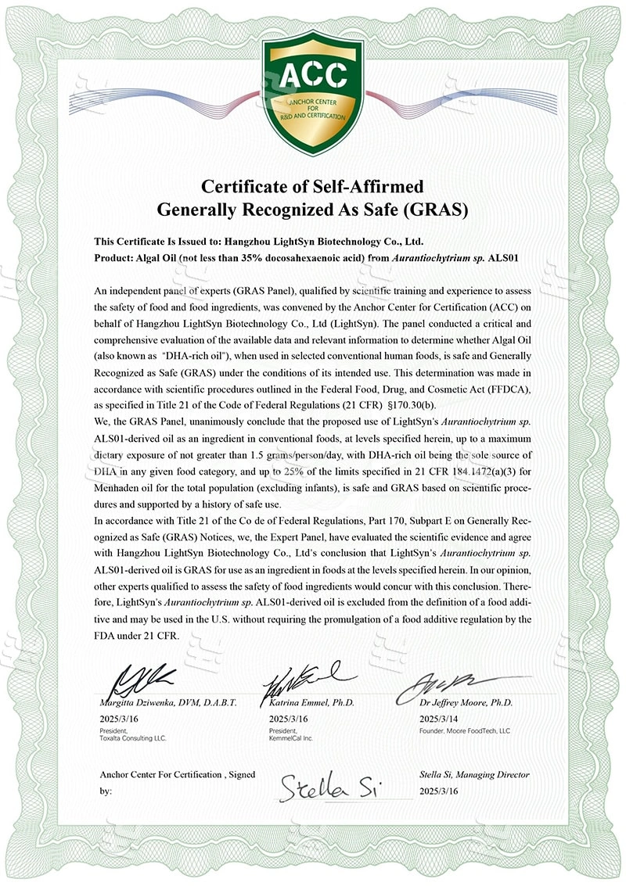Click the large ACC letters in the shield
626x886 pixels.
[x=313, y=75]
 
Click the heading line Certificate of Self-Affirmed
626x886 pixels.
[x=313, y=187]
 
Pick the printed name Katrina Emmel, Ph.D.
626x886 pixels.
[x=311, y=703]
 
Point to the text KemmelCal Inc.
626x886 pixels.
[x=291, y=737]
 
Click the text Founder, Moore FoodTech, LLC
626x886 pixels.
[x=465, y=730]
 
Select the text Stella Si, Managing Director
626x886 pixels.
[x=474, y=774]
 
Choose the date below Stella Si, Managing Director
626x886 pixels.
[x=438, y=791]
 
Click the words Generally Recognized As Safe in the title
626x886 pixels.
[x=282, y=210]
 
